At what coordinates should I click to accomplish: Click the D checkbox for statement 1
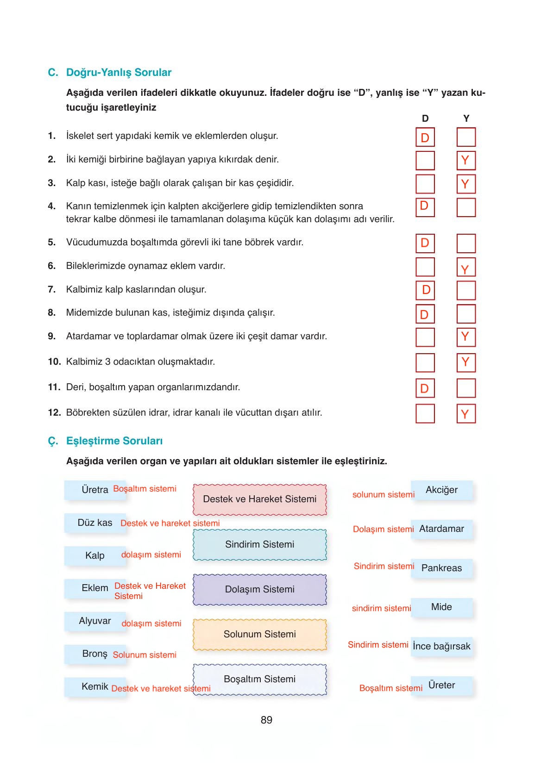click(425, 137)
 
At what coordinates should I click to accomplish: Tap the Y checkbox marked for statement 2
click(466, 160)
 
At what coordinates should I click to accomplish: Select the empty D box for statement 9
click(425, 337)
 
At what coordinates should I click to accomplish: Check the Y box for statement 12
click(466, 413)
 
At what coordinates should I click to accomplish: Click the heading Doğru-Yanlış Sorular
click(119, 72)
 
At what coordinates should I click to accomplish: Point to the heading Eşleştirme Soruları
click(114, 441)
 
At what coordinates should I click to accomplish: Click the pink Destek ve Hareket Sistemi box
click(259, 499)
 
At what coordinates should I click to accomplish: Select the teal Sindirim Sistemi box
click(259, 545)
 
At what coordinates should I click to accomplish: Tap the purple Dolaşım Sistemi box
click(259, 589)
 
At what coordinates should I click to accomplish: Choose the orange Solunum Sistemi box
click(259, 634)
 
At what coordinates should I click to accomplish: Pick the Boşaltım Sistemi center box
click(259, 679)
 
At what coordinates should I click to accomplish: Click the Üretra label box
click(95, 490)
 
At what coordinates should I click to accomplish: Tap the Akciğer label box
click(441, 490)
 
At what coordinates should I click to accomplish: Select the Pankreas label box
click(441, 568)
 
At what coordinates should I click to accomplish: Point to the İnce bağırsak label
click(441, 646)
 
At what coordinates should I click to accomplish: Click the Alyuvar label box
click(95, 621)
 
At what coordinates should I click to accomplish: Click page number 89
click(266, 720)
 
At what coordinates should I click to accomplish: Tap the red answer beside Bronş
click(145, 655)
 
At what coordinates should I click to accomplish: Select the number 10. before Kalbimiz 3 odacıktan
click(54, 361)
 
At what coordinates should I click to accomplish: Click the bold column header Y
click(466, 118)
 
